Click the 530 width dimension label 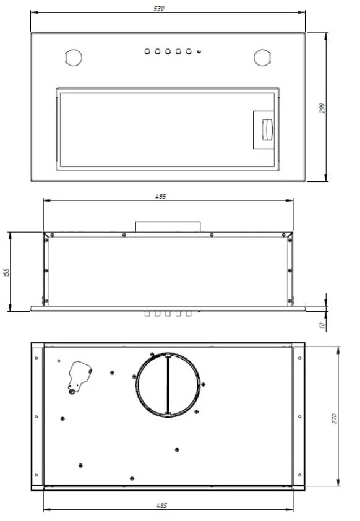point(159,8)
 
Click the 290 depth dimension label point(322,108)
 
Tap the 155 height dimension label point(7,272)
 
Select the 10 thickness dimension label point(322,325)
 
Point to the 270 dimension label point(334,418)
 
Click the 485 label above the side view point(160,196)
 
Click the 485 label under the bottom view point(161,506)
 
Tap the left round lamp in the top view point(74,58)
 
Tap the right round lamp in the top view point(262,58)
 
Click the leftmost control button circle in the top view point(147,51)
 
